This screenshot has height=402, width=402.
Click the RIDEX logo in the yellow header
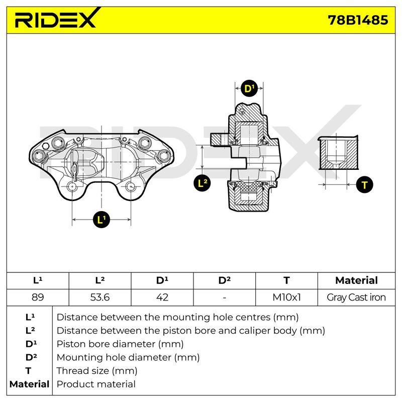pyautogui.click(x=56, y=19)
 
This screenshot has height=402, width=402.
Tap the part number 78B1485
pyautogui.click(x=358, y=20)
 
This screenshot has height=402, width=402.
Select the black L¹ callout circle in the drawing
pyautogui.click(x=102, y=220)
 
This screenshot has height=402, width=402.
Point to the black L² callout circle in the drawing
pyautogui.click(x=203, y=183)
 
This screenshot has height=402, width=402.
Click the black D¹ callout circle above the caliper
pyautogui.click(x=249, y=89)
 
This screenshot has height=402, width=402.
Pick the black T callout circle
pyautogui.click(x=365, y=185)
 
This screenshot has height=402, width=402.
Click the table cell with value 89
pyautogui.click(x=38, y=297)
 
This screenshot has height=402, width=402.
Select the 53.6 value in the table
pyautogui.click(x=100, y=297)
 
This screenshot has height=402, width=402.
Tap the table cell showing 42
pyautogui.click(x=162, y=297)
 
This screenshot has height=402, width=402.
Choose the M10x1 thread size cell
pyautogui.click(x=286, y=297)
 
